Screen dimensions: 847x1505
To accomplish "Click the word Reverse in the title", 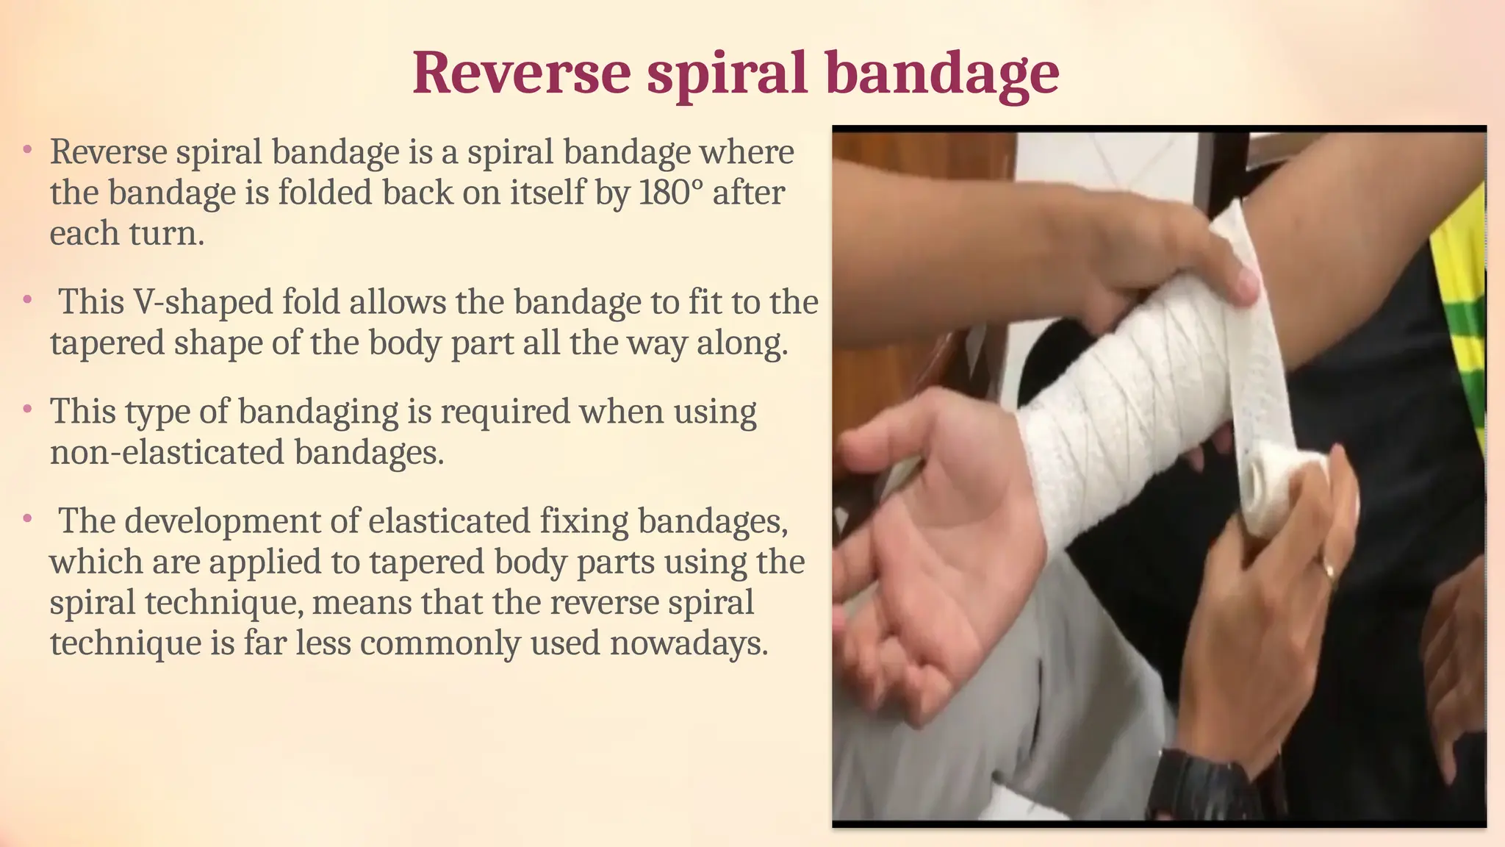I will pyautogui.click(x=521, y=73).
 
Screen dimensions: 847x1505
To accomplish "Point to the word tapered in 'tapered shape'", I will pyautogui.click(x=107, y=343).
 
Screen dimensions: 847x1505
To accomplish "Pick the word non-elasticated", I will pyautogui.click(x=166, y=451).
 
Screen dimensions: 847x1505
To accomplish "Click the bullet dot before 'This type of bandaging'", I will pyautogui.click(x=27, y=408).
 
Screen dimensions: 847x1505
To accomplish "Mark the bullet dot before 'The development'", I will pyautogui.click(x=27, y=518).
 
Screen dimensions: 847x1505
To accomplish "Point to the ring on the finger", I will pyautogui.click(x=1329, y=569).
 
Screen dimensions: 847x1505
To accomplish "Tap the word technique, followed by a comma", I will pyautogui.click(x=224, y=602).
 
